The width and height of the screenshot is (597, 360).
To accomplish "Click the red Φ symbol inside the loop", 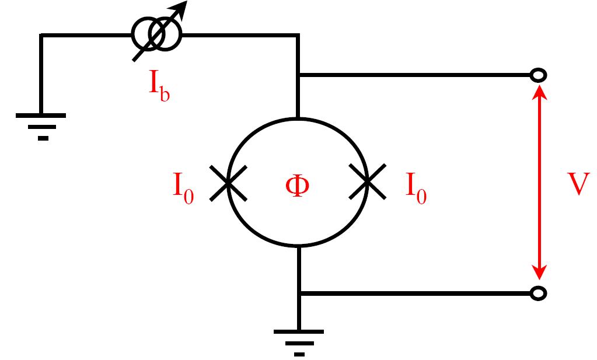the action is click(298, 186).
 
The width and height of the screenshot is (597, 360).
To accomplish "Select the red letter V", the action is click(578, 184).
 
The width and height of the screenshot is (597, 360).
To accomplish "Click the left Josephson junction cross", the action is click(228, 183).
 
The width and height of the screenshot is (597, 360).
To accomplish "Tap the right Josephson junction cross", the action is click(368, 181).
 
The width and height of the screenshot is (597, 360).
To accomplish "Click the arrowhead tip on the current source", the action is click(187, 2).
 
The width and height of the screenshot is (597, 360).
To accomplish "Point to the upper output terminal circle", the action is click(539, 75).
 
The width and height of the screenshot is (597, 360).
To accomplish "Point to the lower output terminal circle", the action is click(539, 293).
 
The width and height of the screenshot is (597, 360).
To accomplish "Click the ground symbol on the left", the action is click(41, 125).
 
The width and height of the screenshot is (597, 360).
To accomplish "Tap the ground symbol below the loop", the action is click(299, 342).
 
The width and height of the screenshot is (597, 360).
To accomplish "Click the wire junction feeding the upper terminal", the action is click(299, 75).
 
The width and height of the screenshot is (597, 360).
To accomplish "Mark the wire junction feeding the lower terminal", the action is click(299, 293).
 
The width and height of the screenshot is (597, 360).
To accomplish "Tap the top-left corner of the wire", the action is click(41, 36).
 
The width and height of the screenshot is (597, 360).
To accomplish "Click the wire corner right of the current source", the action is click(298, 36).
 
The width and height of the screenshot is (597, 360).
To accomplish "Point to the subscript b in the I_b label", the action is click(165, 94).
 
